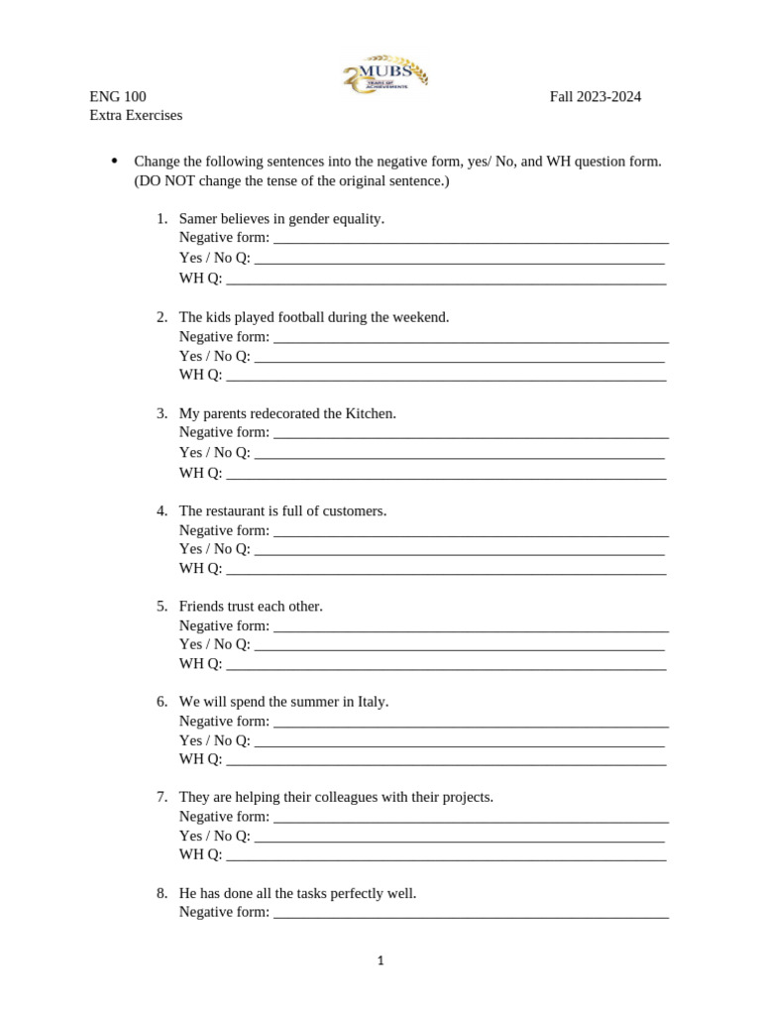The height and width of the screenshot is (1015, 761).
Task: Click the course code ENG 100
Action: point(118,96)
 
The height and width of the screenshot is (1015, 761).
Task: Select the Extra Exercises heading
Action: point(136,115)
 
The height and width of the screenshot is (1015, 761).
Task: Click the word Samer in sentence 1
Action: point(198,218)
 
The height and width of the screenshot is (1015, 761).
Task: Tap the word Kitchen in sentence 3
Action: point(369,413)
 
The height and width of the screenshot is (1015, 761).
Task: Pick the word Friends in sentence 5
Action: point(201,606)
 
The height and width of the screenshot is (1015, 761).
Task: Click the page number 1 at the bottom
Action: point(380,960)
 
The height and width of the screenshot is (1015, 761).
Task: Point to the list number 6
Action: point(162,702)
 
